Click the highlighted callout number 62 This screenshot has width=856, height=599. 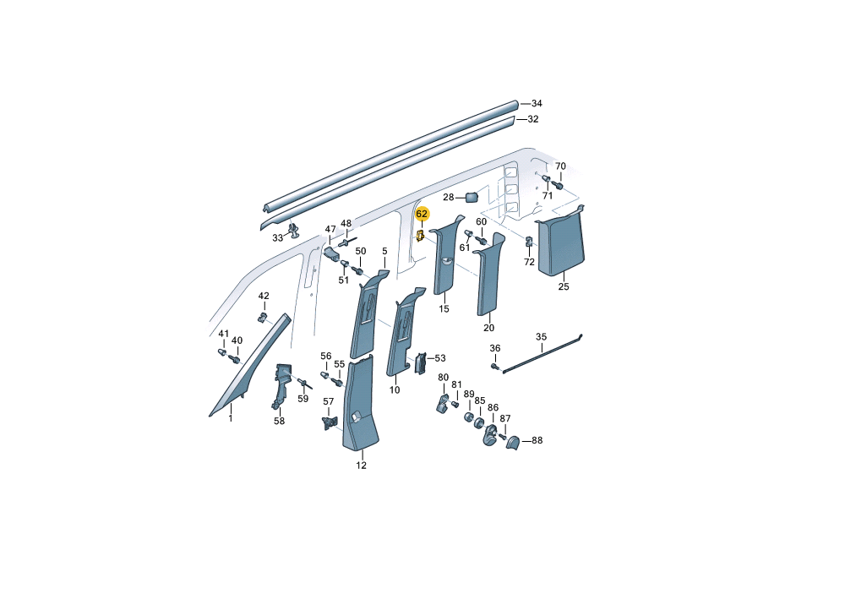click(422, 214)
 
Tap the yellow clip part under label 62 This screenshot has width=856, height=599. click(420, 236)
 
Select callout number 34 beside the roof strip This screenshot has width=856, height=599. click(537, 103)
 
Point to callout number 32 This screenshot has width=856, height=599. click(533, 119)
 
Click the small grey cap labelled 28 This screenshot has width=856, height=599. click(472, 197)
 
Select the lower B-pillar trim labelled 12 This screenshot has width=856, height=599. click(359, 404)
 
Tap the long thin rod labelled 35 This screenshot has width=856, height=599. click(542, 354)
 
